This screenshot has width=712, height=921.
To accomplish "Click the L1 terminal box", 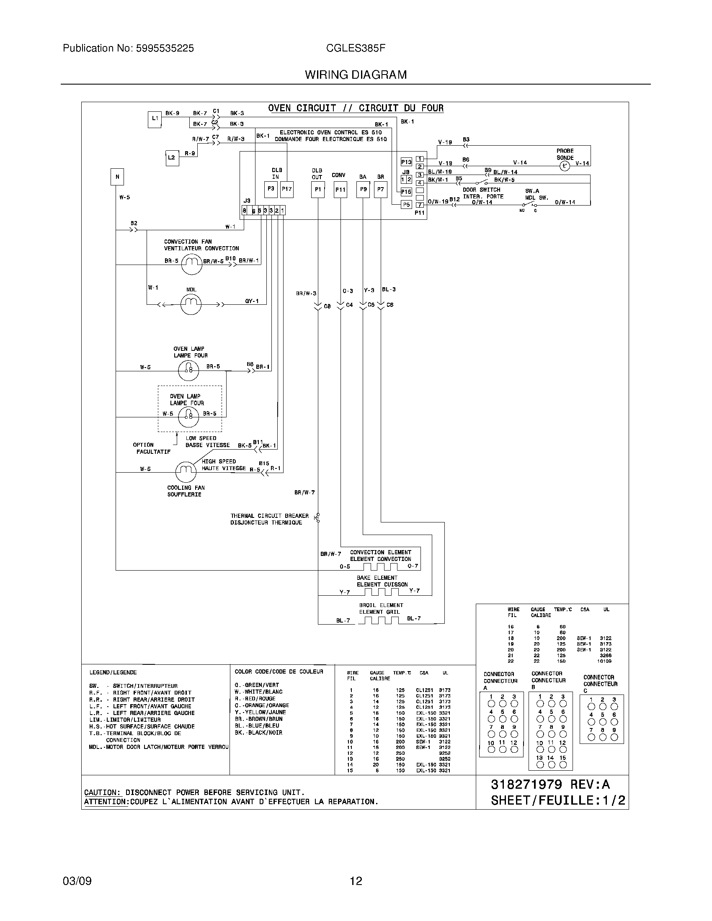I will (155, 119).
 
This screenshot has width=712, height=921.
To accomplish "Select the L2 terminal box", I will (172, 158).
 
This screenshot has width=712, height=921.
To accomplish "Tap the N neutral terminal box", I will (117, 177).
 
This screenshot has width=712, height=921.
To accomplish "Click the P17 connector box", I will (287, 189).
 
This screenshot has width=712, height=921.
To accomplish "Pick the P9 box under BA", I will (363, 189).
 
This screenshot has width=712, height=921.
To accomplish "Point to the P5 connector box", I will (406, 205).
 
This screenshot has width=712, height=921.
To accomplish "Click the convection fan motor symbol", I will (192, 265).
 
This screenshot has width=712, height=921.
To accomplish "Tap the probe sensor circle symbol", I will (565, 166).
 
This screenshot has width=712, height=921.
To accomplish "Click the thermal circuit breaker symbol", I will (318, 518).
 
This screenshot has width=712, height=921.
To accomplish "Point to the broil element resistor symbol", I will (379, 620).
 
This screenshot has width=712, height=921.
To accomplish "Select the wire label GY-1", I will (252, 301).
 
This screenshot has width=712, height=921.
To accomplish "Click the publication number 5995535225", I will (164, 49).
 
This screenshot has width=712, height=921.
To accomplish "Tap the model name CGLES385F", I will (356, 49).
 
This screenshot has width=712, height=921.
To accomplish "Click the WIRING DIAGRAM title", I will (356, 75).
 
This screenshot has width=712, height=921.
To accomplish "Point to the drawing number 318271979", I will (526, 785).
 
